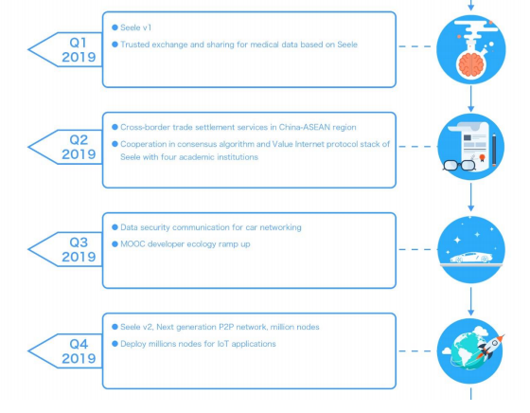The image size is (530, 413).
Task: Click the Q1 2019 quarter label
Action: coord(79,49)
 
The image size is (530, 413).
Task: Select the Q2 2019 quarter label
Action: coord(79,147)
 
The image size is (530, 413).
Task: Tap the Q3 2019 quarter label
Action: coord(79,250)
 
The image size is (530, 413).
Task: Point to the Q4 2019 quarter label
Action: coord(79,351)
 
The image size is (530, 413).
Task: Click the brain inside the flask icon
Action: coord(471,64)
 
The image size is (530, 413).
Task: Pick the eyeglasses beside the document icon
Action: coord(459,166)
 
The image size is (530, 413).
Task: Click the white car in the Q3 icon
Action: coord(471,258)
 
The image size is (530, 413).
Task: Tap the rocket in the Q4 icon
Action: coord(489,346)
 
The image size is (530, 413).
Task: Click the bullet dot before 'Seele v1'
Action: coord(115,27)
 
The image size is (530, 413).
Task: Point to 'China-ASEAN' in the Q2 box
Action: coord(304,127)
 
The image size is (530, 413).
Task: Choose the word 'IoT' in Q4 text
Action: coord(223,344)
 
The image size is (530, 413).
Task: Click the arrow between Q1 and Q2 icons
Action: coord(471,99)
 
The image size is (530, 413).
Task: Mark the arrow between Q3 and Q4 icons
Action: coord(471,302)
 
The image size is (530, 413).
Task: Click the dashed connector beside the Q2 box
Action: coord(417,147)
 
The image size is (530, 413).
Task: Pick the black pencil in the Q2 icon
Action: coord(494,150)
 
